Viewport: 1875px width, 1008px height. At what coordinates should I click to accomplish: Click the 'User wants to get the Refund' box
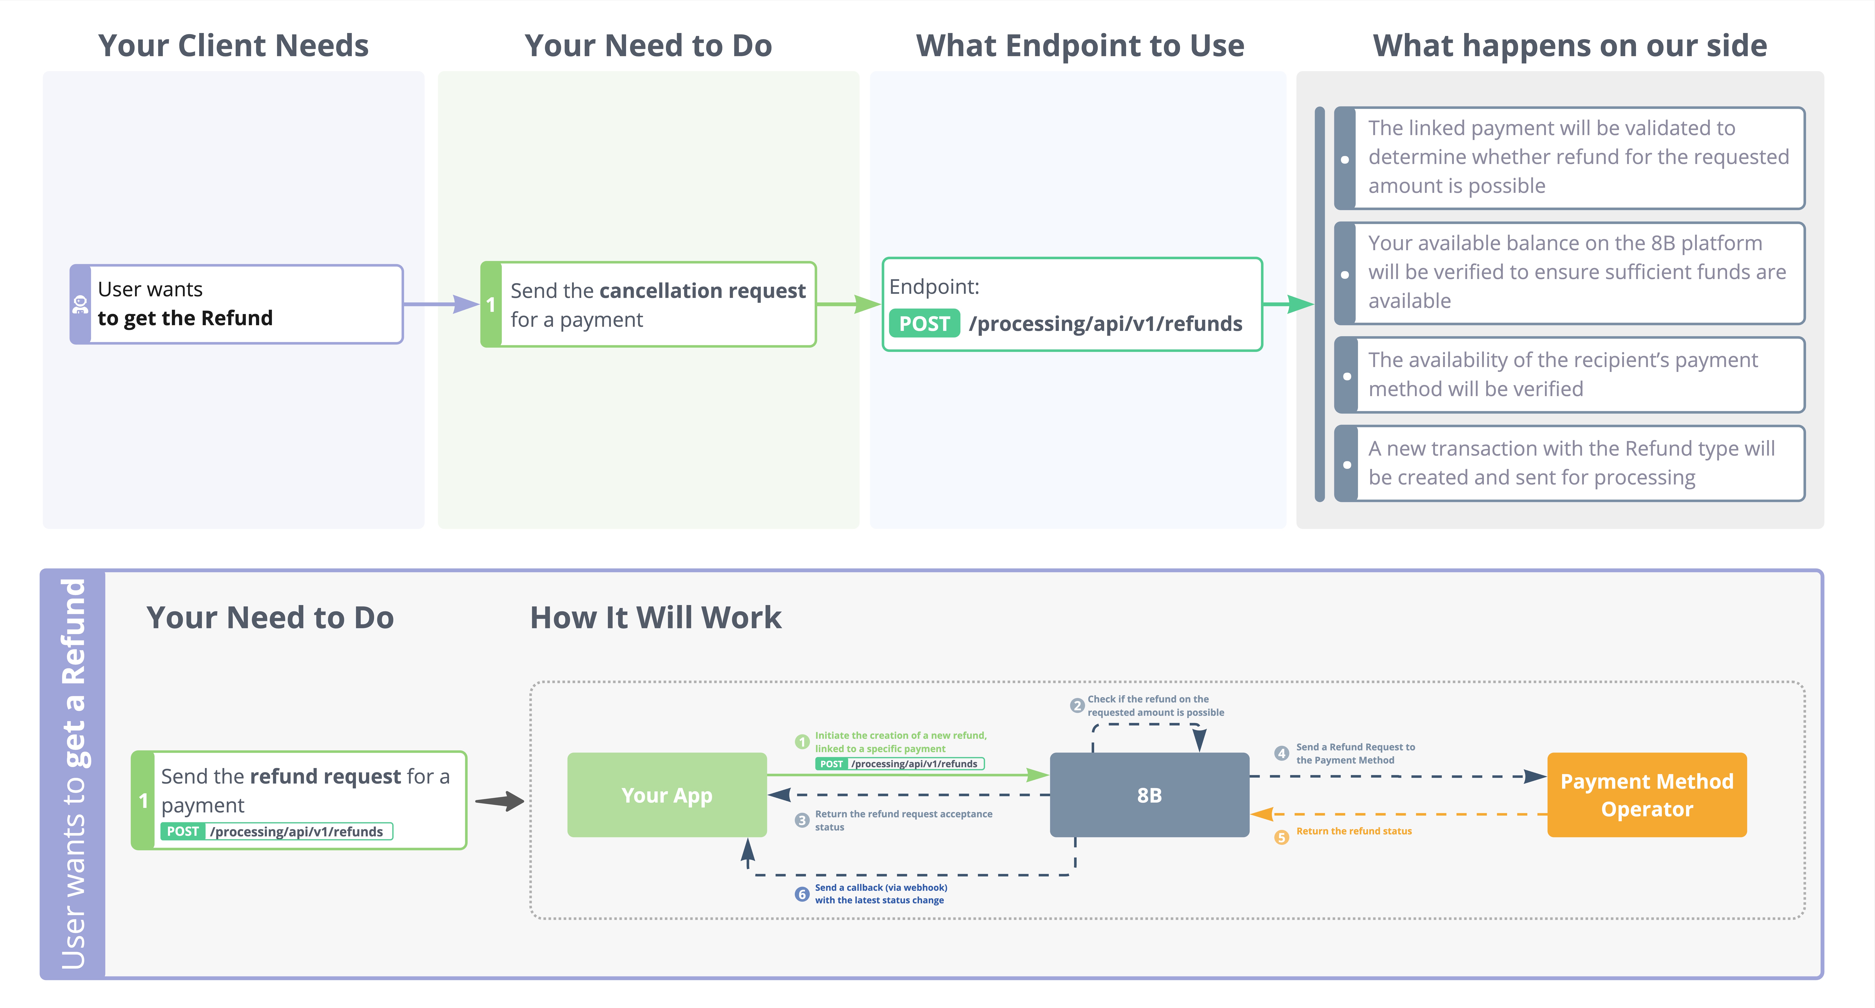click(x=237, y=304)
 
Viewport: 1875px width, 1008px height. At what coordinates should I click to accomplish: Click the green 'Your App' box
click(x=667, y=795)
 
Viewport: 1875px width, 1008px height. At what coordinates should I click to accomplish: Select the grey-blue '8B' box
click(x=1149, y=795)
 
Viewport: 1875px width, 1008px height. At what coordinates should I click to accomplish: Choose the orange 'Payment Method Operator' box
click(x=1647, y=795)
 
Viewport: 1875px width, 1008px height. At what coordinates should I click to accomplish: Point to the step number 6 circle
click(x=801, y=894)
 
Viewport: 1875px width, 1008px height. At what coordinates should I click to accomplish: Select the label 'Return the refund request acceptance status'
click(x=903, y=820)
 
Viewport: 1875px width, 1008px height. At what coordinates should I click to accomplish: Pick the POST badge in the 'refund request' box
click(x=183, y=831)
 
